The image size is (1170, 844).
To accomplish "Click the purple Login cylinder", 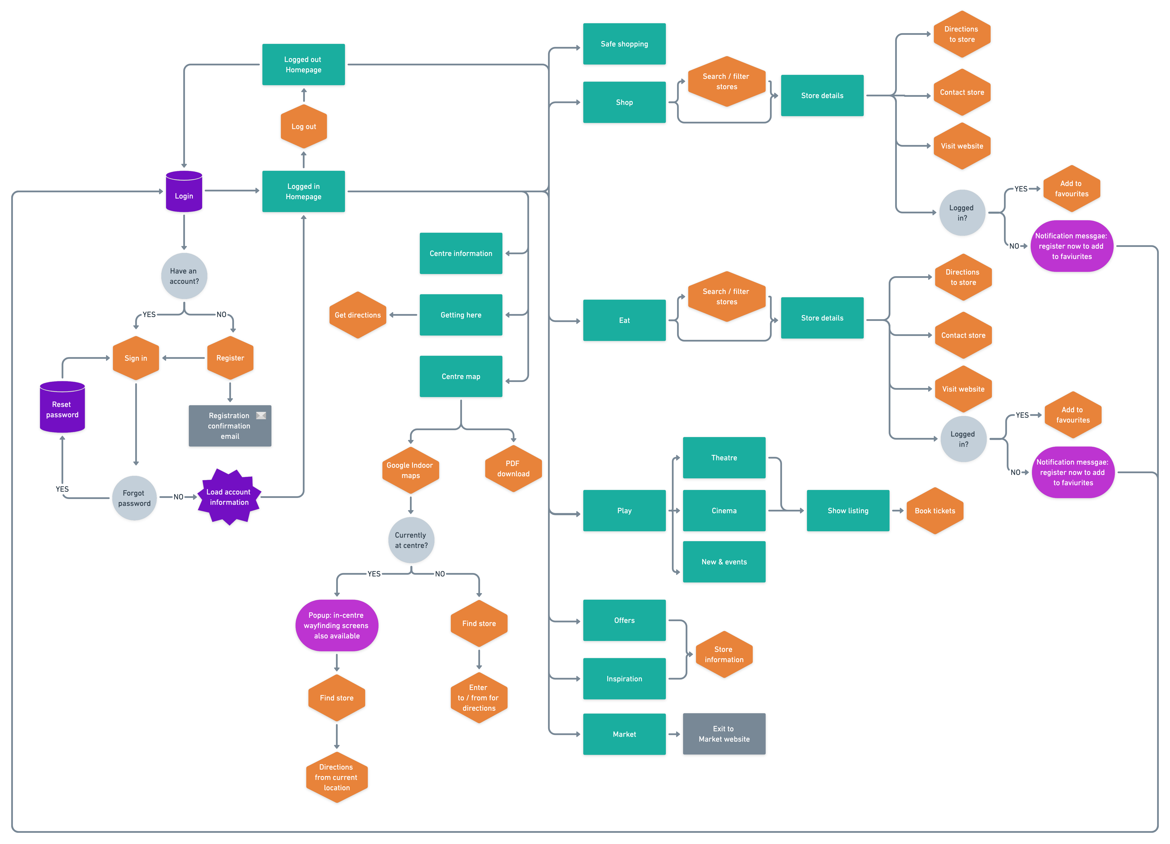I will [184, 192].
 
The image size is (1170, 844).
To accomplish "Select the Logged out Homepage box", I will [303, 65].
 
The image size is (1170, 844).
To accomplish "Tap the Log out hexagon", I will [303, 126].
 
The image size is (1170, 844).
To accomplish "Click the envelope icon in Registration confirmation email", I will [261, 415].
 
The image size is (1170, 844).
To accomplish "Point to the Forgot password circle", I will [134, 498].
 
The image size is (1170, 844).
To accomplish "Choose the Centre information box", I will [461, 253].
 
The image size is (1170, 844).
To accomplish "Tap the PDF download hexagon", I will [513, 468].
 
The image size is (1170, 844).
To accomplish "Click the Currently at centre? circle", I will [411, 540].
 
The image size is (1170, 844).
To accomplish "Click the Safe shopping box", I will [624, 44].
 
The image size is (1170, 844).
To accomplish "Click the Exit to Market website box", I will [724, 734].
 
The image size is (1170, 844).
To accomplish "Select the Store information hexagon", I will [724, 654].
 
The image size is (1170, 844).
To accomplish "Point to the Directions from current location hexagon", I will [336, 777].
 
